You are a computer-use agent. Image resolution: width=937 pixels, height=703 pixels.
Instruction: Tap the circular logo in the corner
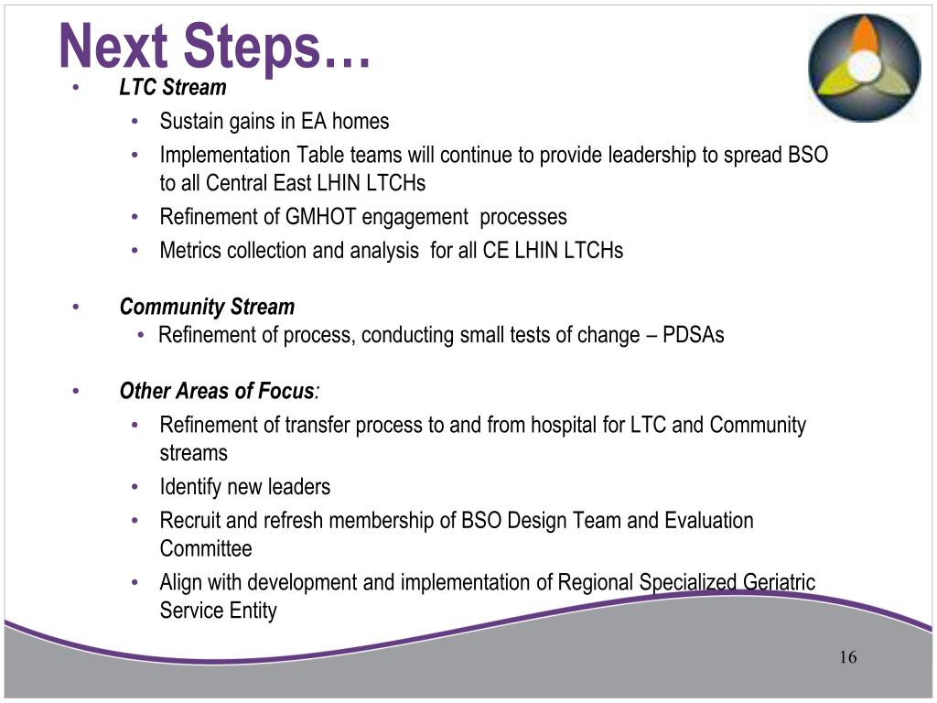864,68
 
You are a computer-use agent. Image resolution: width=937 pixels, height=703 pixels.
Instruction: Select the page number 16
846,657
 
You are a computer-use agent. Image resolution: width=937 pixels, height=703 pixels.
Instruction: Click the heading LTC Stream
172,88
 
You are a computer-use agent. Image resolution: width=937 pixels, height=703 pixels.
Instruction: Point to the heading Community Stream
207,307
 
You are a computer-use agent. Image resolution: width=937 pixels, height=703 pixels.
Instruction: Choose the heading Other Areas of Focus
217,392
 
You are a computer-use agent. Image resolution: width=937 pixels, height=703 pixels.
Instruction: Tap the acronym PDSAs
693,335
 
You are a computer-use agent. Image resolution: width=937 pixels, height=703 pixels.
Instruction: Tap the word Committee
206,549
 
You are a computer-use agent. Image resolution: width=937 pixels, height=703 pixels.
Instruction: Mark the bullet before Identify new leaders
135,486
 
